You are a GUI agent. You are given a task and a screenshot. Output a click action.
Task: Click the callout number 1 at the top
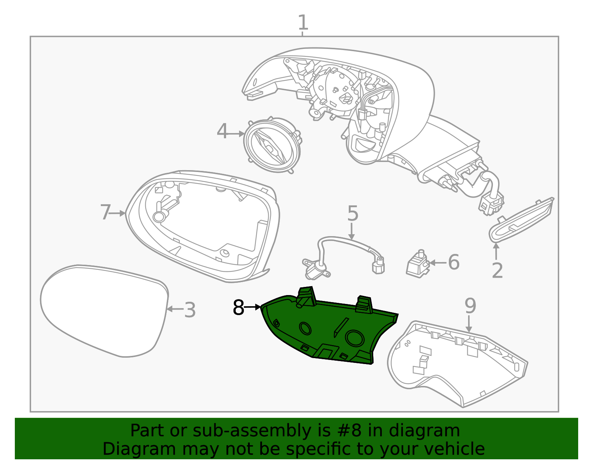pyautogui.click(x=303, y=23)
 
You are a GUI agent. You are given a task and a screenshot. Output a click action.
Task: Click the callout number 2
pyautogui.click(x=497, y=271)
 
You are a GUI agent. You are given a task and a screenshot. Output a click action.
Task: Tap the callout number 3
pyautogui.click(x=190, y=310)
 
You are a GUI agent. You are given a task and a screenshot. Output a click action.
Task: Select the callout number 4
pyautogui.click(x=222, y=132)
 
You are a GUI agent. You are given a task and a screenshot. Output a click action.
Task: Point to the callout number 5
pyautogui.click(x=352, y=214)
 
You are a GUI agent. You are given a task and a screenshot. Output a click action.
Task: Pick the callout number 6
pyautogui.click(x=454, y=262)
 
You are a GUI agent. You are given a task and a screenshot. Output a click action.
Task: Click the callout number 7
pyautogui.click(x=105, y=213)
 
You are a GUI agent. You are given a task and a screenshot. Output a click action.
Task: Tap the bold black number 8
pyautogui.click(x=238, y=308)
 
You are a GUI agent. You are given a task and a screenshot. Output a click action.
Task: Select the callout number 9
pyautogui.click(x=470, y=306)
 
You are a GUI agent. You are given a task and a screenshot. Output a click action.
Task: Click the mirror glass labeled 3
pyautogui.click(x=104, y=311)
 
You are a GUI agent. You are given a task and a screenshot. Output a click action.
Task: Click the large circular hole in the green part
pyautogui.click(x=355, y=338)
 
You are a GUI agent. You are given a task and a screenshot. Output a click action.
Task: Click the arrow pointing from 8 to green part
pyautogui.click(x=253, y=307)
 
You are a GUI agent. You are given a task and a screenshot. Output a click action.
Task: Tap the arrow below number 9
pyautogui.click(x=469, y=324)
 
